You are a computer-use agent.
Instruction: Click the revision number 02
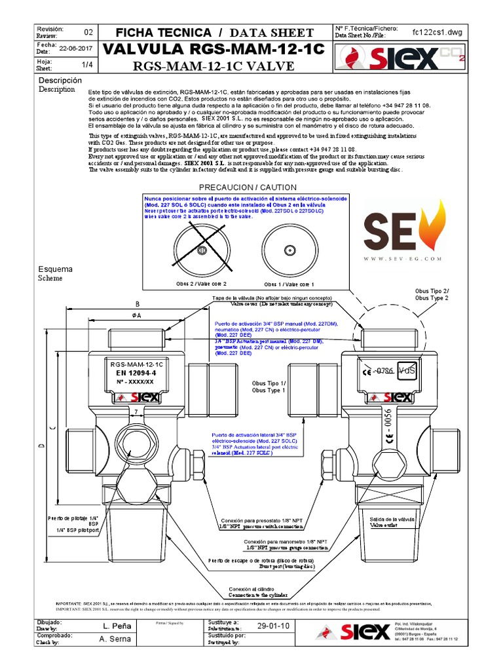coord(89,32)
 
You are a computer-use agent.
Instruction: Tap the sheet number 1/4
coord(87,65)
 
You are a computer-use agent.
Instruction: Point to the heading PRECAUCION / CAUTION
coord(243,187)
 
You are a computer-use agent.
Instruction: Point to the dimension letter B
coord(137,304)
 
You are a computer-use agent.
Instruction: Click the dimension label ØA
coord(137,315)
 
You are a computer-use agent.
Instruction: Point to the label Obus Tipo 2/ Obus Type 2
coord(432,294)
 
